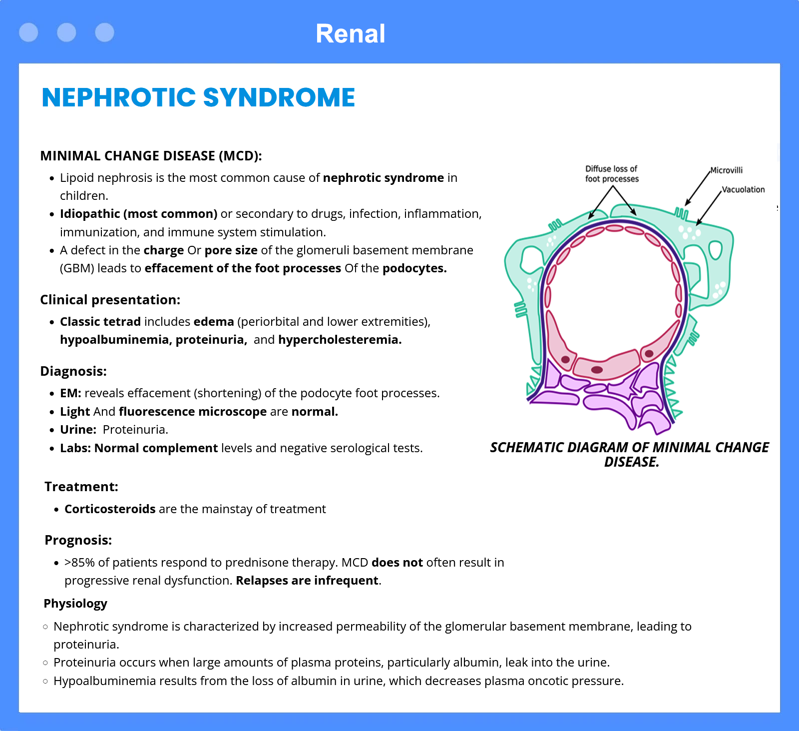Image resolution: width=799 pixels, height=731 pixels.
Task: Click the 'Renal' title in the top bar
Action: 350,34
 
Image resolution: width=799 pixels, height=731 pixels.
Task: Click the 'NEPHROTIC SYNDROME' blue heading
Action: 198,97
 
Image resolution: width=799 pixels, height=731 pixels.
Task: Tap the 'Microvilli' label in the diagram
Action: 727,170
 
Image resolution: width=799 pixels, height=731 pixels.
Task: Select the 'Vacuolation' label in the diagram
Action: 744,189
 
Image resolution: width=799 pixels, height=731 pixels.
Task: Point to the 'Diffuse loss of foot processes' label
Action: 612,174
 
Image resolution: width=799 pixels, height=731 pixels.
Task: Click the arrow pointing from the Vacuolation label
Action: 709,207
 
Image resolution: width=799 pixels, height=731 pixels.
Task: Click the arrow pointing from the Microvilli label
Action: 698,188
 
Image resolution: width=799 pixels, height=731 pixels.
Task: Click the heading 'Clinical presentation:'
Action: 110,300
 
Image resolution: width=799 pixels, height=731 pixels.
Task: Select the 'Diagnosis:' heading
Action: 73,371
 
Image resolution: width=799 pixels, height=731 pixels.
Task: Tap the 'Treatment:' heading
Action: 81,487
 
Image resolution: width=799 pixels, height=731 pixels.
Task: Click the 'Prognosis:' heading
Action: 78,540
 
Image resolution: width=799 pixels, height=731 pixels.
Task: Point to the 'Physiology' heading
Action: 75,604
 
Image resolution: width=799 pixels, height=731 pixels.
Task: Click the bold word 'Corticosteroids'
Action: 110,509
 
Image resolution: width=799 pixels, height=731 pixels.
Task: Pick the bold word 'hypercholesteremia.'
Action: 340,340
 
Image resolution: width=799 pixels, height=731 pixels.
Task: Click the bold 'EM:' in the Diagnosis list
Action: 70,393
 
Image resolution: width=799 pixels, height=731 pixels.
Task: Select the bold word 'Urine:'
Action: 78,430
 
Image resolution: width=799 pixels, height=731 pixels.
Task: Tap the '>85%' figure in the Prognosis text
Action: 79,563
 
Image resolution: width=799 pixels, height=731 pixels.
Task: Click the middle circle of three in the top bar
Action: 66,32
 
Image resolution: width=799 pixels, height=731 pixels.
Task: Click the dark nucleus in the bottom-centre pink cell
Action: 597,370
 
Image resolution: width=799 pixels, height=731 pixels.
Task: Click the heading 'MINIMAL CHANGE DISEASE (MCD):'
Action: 151,156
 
